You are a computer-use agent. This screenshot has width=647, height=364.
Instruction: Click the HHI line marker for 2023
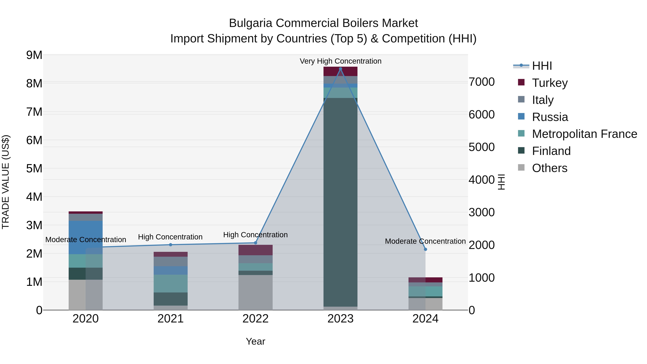(x=340, y=69)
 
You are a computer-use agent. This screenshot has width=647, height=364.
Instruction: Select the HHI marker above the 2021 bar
(x=171, y=245)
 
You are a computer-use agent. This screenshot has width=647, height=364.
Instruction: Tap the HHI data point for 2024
(x=425, y=249)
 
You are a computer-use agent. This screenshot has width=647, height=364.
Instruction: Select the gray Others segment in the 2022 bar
(x=255, y=292)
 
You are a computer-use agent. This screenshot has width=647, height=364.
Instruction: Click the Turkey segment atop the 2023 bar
(x=340, y=71)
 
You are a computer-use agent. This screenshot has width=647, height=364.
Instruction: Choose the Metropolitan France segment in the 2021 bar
(x=171, y=283)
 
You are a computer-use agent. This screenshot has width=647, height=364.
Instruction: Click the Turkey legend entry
(x=550, y=83)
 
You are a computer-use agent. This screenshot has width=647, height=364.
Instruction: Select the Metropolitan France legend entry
(x=584, y=134)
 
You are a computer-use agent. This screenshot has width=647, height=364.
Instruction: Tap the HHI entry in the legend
(x=542, y=66)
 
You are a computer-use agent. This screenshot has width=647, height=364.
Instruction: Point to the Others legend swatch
(x=521, y=168)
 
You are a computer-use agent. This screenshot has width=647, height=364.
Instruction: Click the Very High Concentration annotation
(x=340, y=61)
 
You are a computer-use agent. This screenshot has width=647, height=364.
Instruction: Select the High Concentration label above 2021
(x=170, y=237)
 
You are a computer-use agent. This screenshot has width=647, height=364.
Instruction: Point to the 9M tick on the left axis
(x=34, y=55)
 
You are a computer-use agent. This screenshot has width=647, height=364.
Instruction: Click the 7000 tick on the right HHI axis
(x=481, y=82)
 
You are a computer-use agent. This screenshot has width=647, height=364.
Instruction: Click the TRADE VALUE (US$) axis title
(x=6, y=182)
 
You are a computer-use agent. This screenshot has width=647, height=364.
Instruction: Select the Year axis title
(x=255, y=341)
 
